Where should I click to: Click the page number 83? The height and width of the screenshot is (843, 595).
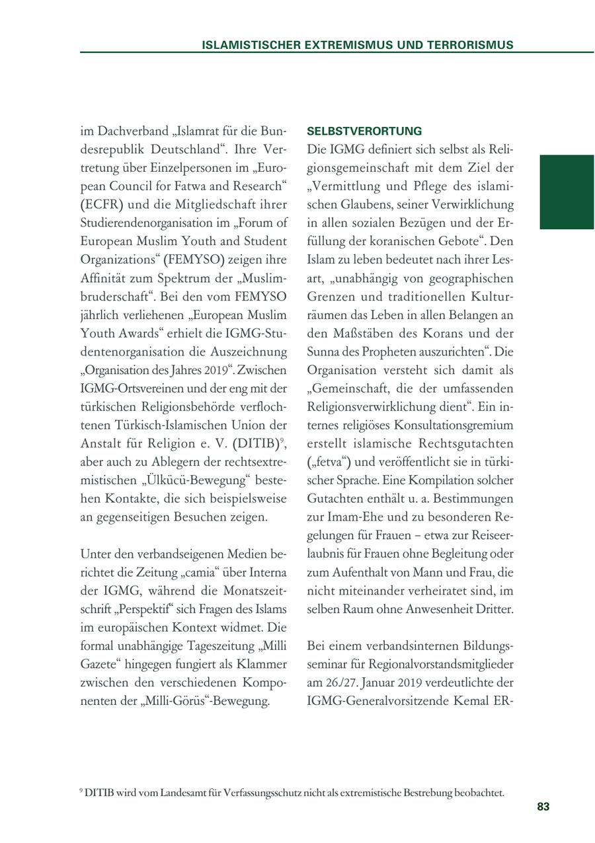543,807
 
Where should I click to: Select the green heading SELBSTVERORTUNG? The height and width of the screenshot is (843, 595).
364,131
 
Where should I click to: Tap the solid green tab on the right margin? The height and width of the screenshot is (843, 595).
567,192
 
